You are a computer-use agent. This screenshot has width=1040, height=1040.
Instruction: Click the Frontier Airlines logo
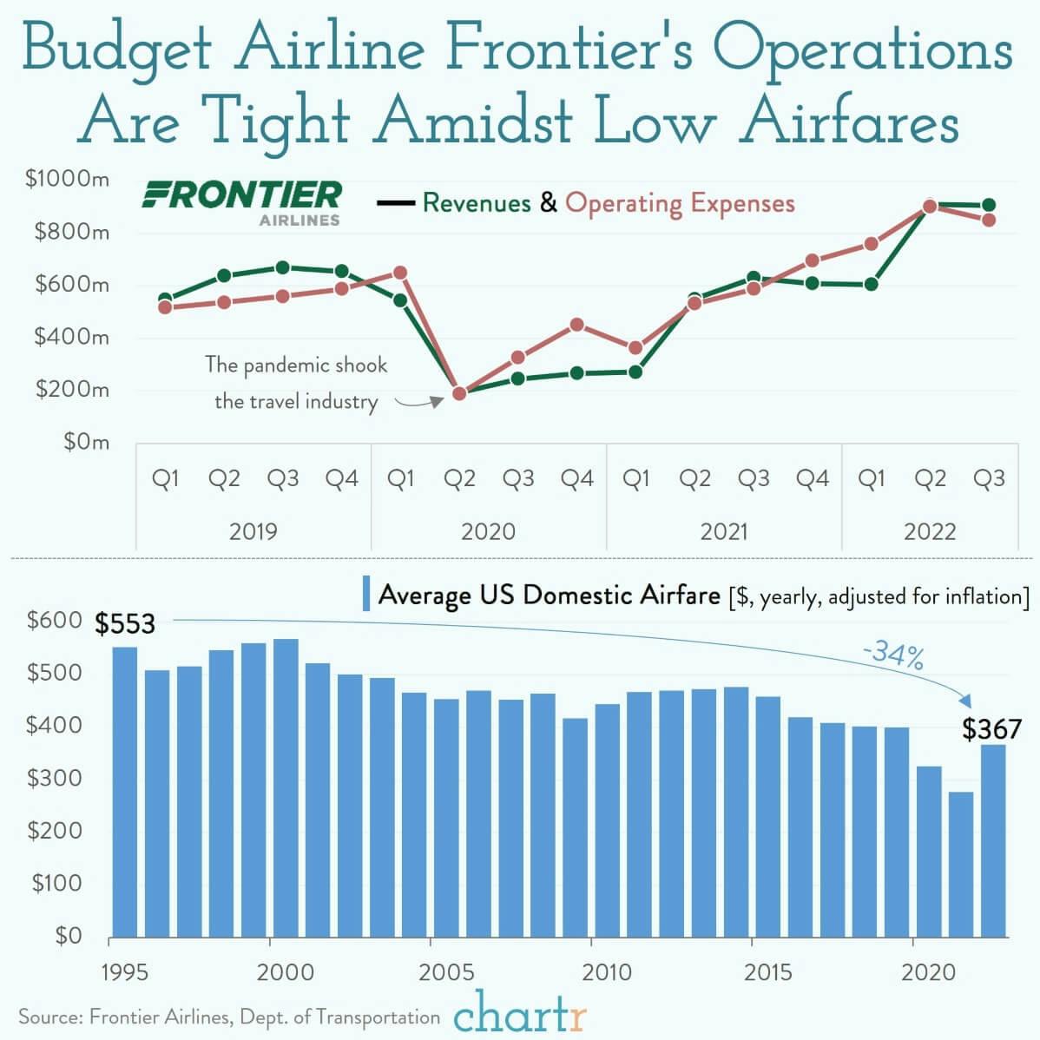click(x=242, y=202)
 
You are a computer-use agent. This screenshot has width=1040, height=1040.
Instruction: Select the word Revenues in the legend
click(x=476, y=203)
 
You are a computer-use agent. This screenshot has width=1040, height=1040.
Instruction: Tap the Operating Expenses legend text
click(x=680, y=203)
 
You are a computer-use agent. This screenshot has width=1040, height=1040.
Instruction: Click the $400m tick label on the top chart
click(x=71, y=337)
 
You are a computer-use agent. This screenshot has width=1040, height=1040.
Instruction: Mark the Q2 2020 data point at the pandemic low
click(x=459, y=393)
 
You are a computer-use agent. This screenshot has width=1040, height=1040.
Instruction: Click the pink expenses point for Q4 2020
click(x=576, y=325)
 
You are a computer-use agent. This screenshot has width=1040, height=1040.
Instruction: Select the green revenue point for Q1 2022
click(x=871, y=284)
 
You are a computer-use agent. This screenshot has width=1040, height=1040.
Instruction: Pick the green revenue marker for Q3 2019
click(x=282, y=267)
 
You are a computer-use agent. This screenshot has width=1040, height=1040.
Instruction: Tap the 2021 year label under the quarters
click(x=723, y=531)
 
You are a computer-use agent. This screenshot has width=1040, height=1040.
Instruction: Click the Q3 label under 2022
click(x=989, y=478)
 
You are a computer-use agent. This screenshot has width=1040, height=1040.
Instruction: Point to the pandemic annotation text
click(x=296, y=383)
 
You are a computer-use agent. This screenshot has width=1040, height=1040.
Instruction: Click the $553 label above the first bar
click(x=125, y=623)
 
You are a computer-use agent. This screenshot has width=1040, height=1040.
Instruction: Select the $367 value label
click(x=991, y=729)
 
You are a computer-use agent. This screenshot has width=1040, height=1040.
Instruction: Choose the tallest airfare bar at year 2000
click(x=286, y=787)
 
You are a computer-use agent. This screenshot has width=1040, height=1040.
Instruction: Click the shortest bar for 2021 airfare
click(x=961, y=864)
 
